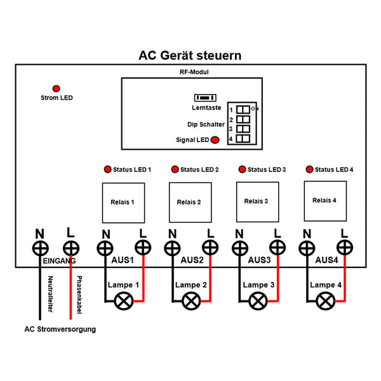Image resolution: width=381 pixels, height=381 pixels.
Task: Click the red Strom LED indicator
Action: (x=56, y=88)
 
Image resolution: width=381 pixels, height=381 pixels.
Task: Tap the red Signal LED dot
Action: (x=215, y=140)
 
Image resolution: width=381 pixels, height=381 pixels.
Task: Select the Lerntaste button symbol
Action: (x=205, y=98)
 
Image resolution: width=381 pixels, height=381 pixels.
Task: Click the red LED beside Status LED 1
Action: (x=107, y=170)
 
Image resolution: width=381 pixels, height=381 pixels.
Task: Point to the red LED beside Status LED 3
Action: (x=241, y=170)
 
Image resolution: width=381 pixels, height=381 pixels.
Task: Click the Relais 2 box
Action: (x=189, y=202)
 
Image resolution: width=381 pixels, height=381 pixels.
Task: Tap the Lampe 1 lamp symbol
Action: (x=123, y=301)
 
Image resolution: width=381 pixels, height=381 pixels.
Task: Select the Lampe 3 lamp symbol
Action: (x=257, y=301)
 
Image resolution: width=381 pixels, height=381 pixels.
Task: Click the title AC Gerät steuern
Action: (x=190, y=56)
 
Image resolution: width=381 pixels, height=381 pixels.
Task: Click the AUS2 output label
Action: (x=192, y=260)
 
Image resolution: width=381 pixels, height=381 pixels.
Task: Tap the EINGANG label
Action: (x=59, y=261)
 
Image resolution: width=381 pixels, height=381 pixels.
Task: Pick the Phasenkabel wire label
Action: (x=79, y=293)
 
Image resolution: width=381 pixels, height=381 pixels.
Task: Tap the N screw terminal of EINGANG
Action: (x=40, y=247)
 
